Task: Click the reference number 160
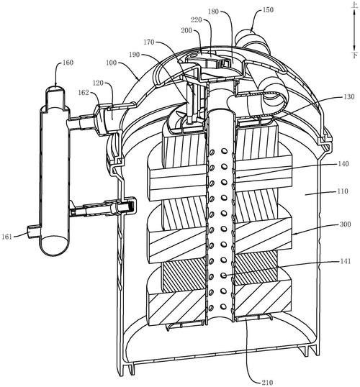point(68,63)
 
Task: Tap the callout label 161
point(7,237)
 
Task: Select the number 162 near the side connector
point(84,93)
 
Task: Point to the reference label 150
point(268,10)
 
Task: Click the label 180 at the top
point(213,12)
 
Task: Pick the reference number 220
point(197,19)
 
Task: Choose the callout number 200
point(186,31)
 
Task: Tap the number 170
point(149,42)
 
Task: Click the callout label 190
point(135,55)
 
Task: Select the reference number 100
point(111,63)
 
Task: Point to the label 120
point(98,83)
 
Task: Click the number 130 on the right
point(349,96)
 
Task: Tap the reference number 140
point(343,164)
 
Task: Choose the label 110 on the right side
point(343,191)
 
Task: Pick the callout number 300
point(346,224)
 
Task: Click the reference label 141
point(346,261)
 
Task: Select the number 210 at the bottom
point(267,383)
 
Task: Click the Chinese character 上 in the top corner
point(355,6)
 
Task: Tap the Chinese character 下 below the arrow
point(355,55)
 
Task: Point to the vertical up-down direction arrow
point(354,31)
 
